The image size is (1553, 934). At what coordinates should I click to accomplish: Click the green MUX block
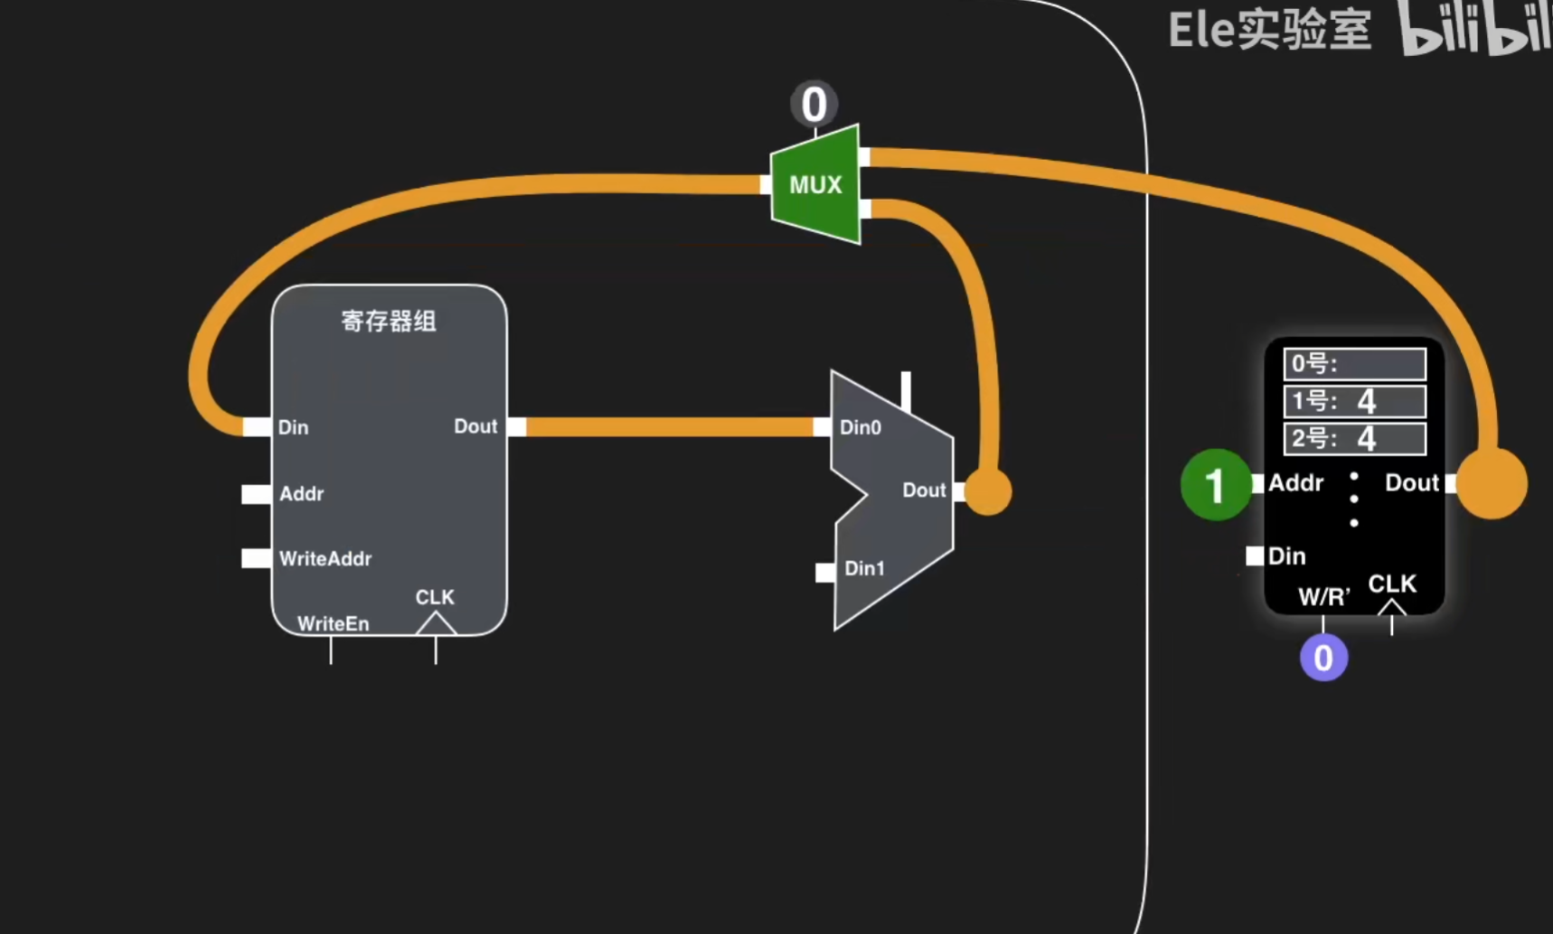point(815,184)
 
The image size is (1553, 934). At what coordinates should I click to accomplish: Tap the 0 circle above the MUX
point(814,104)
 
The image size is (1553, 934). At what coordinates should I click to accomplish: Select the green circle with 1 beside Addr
point(1215,484)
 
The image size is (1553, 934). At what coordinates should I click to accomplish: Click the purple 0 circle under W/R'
point(1323,658)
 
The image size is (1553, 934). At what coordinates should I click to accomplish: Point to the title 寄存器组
point(389,321)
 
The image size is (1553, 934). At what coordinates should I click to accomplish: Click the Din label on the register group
point(293,427)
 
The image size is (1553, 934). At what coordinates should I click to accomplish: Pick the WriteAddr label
point(325,559)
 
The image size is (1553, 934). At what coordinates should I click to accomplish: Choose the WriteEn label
point(333,623)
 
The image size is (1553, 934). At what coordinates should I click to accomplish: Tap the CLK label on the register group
point(435,597)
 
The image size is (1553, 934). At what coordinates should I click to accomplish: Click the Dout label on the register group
point(475,426)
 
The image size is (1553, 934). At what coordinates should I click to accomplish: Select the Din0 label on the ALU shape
point(860,427)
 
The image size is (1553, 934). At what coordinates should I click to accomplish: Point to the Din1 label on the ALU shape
point(864,568)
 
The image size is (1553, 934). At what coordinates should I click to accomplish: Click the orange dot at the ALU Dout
point(988,491)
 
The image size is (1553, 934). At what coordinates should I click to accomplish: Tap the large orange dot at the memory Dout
point(1492,483)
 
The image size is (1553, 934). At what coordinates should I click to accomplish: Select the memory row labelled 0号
point(1354,364)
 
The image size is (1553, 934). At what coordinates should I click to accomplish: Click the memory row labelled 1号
point(1354,401)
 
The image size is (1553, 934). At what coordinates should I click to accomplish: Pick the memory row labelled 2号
point(1354,439)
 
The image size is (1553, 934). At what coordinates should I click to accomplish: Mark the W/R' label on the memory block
point(1323,596)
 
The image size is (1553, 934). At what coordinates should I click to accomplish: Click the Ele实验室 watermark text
point(1269,31)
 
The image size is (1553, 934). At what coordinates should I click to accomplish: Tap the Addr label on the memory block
point(1295,483)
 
